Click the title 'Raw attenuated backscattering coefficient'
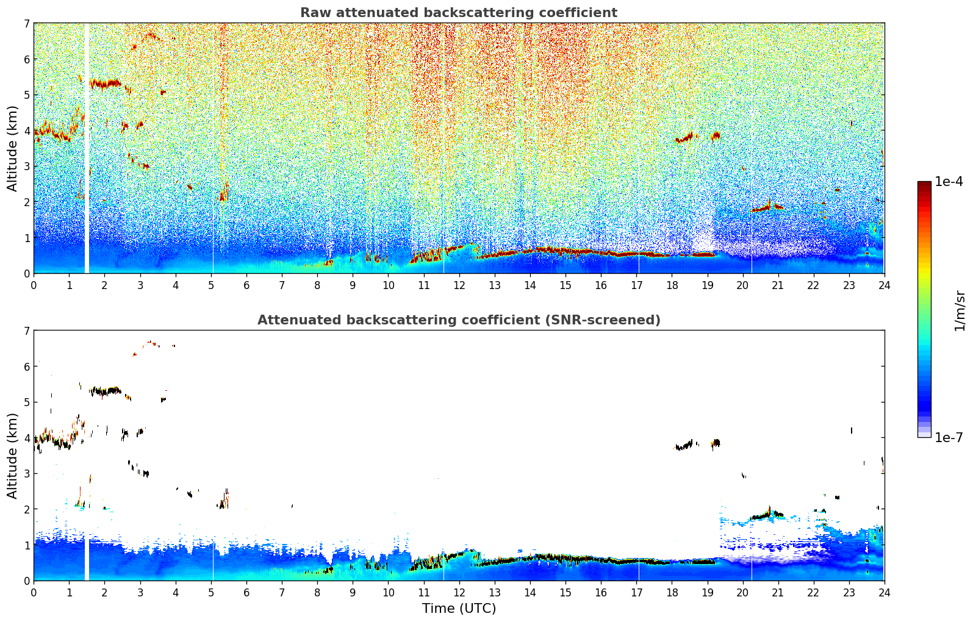click(x=458, y=13)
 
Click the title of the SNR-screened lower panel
click(x=458, y=320)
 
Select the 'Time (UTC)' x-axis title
click(x=459, y=608)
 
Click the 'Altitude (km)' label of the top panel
click(x=13, y=148)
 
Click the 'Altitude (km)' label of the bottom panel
click(x=13, y=456)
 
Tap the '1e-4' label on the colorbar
click(x=949, y=182)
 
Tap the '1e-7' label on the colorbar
click(x=949, y=437)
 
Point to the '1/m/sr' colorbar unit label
click(x=960, y=310)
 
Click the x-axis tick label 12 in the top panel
click(x=459, y=285)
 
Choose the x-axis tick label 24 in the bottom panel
click(x=884, y=592)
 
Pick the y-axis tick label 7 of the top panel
click(x=27, y=24)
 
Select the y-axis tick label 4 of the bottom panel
click(x=27, y=438)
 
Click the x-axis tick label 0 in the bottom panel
click(x=34, y=592)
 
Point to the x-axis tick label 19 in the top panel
click(x=707, y=285)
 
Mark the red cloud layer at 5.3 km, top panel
click(x=105, y=83)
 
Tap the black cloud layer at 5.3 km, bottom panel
click(x=105, y=391)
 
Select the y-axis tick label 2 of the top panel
click(x=27, y=202)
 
